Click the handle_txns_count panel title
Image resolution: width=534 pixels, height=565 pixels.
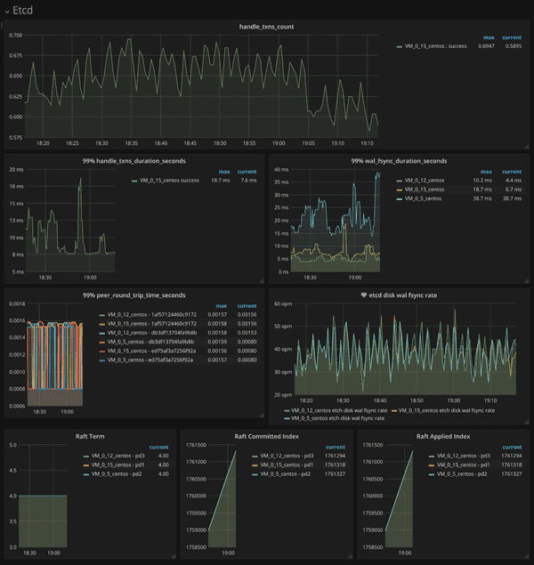266,27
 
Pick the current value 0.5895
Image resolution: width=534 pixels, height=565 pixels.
512,45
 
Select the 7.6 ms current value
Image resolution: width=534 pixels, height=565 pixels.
247,180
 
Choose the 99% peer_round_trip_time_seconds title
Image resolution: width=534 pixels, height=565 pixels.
133,295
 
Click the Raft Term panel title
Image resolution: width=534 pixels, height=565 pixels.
89,436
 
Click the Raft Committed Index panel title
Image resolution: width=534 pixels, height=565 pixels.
265,436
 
